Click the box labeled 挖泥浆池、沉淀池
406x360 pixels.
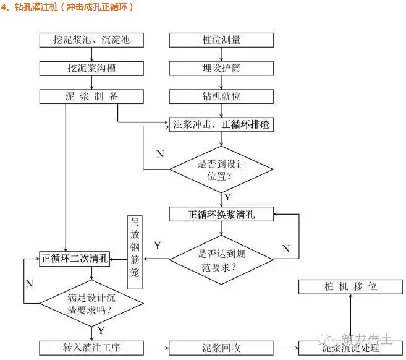point(91,40)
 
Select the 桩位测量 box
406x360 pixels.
point(221,40)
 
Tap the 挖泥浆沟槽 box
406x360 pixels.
point(91,68)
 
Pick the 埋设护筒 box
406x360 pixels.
point(221,68)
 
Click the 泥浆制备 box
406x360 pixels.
point(91,96)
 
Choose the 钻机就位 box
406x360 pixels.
point(221,96)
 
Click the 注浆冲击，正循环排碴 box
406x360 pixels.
point(221,124)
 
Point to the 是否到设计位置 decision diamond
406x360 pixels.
point(221,169)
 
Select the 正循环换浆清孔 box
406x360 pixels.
point(221,215)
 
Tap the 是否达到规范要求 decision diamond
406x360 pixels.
point(221,260)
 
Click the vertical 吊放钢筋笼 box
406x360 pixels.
point(135,252)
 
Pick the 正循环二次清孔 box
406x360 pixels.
point(75,259)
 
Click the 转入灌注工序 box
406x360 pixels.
point(91,348)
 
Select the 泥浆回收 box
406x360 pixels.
point(221,348)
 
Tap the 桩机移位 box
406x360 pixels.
point(350,286)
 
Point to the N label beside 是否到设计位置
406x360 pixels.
point(160,154)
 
